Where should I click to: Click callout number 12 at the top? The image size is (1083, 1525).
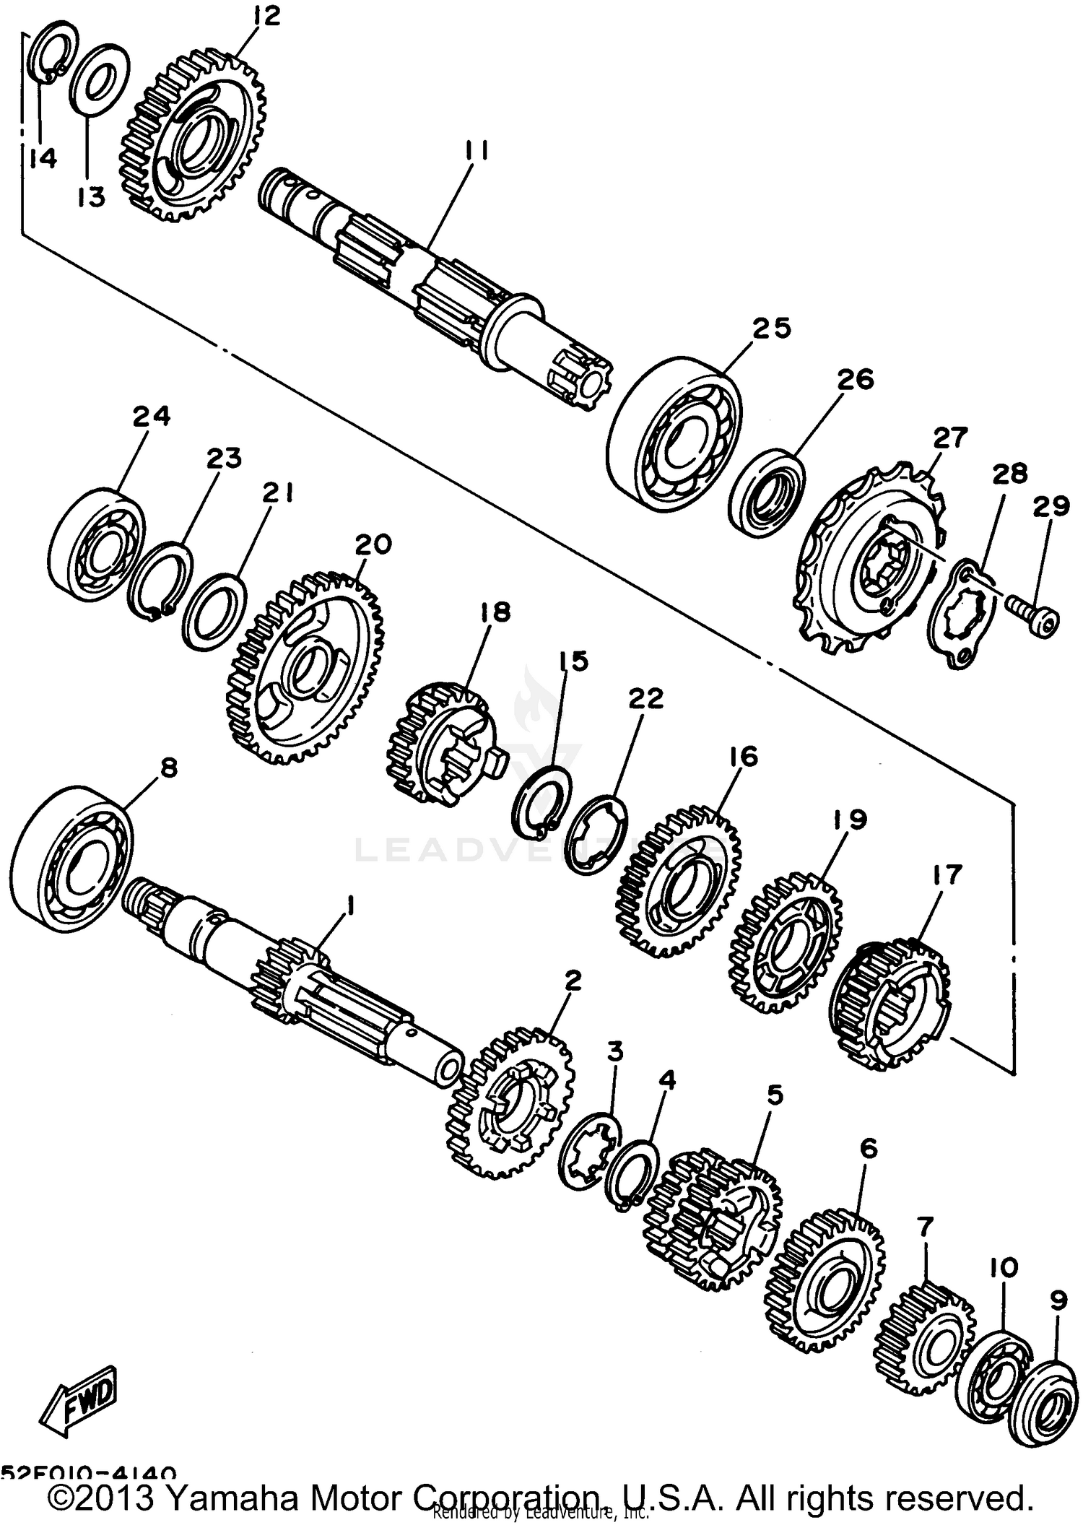(266, 16)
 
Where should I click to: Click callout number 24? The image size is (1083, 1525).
(152, 416)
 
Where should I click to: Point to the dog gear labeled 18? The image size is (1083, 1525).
(440, 744)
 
